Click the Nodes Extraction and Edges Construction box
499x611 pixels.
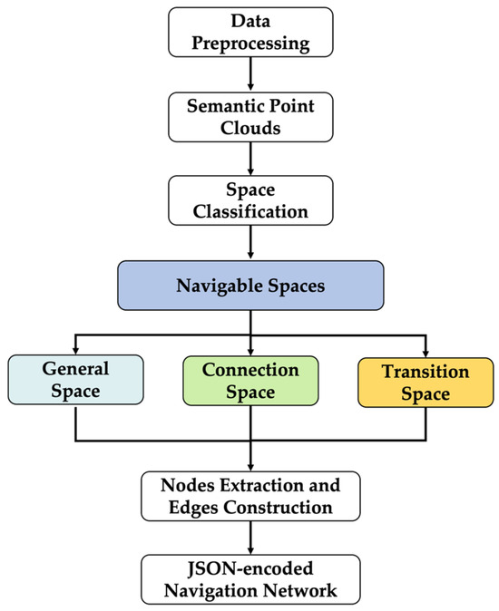pos(251,494)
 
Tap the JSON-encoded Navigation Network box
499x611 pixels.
pos(251,577)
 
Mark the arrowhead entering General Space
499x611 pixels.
pos(75,349)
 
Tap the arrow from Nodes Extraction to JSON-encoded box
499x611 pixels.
pos(251,537)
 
